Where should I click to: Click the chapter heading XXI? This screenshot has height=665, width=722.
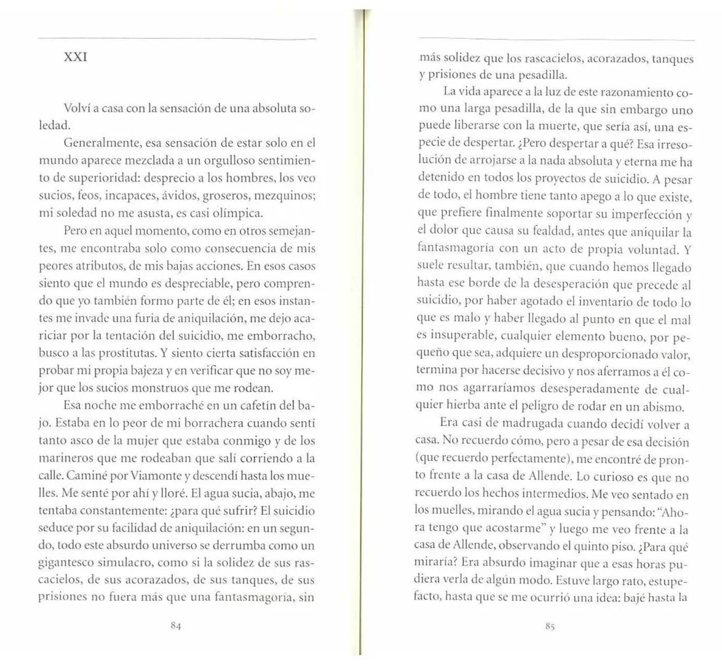pos(75,58)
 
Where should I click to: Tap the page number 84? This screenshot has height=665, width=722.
pos(175,626)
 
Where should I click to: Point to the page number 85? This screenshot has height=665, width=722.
pos(550,626)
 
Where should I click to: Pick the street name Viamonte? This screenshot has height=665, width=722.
pos(154,477)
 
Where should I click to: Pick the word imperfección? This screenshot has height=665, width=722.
pos(648,215)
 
